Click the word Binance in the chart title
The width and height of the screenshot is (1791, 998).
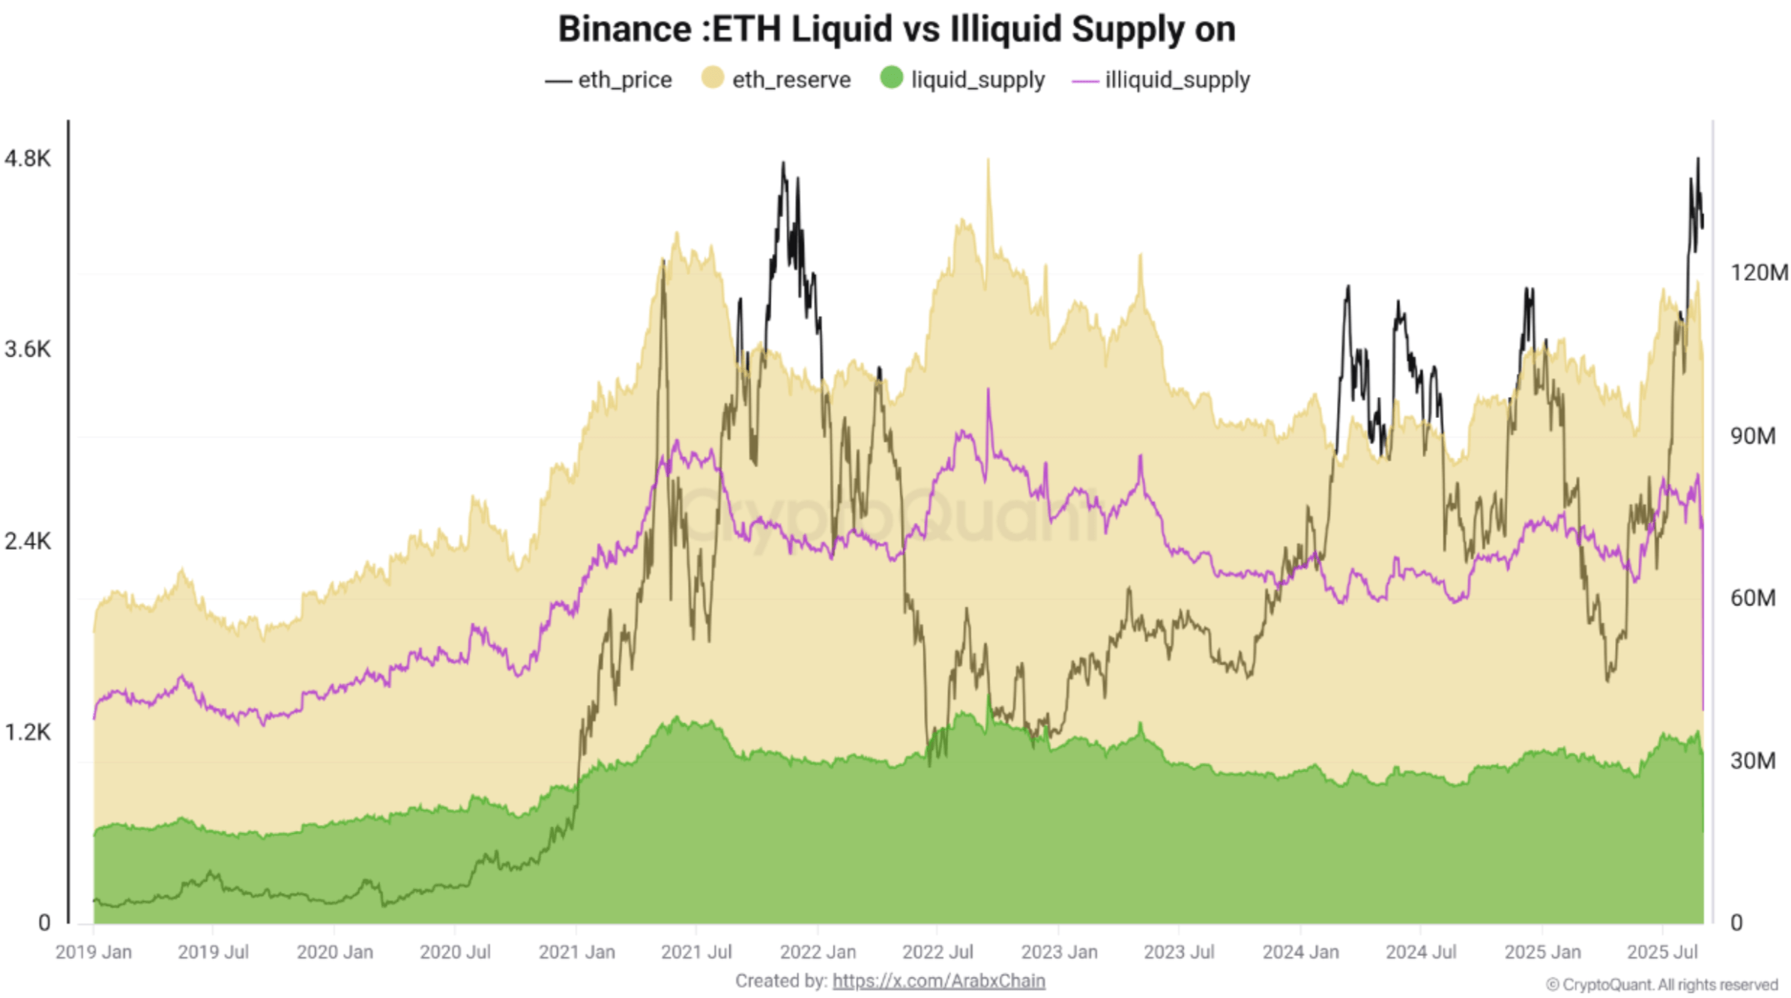click(x=624, y=30)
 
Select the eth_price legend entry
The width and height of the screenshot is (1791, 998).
click(x=608, y=79)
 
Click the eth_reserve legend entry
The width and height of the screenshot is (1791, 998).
click(x=776, y=79)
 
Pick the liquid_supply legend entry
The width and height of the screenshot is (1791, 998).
click(x=963, y=79)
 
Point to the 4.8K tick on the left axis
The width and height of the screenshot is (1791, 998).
click(x=28, y=159)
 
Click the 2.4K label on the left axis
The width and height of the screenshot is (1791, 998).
click(x=28, y=541)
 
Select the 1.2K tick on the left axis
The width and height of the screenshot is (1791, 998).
click(x=28, y=732)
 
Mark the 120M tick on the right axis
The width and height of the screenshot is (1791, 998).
click(x=1758, y=273)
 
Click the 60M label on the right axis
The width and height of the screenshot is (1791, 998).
click(x=1752, y=598)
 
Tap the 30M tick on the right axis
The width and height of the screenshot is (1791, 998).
click(x=1752, y=760)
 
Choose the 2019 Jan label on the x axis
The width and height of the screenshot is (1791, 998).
click(x=94, y=952)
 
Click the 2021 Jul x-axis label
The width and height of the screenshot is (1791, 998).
click(x=696, y=952)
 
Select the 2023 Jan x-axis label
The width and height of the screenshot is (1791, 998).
click(x=1059, y=952)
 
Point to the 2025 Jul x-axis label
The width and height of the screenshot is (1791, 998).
click(x=1662, y=952)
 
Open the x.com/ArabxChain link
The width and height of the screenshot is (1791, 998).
click(x=938, y=981)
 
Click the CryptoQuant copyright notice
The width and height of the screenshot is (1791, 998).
click(x=1661, y=985)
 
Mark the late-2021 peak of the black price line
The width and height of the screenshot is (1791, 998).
click(x=783, y=163)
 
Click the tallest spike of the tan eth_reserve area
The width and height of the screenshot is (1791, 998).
click(x=988, y=160)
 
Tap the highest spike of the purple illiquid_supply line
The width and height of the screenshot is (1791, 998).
click(x=988, y=390)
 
